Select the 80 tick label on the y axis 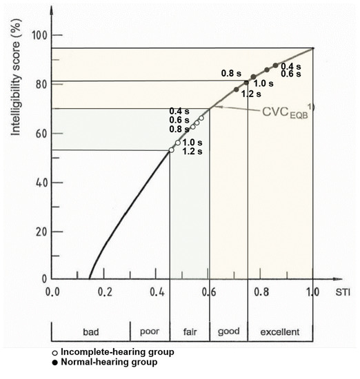pyautogui.click(x=40, y=85)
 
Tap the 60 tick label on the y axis pyautogui.click(x=40, y=134)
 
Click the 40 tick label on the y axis pyautogui.click(x=40, y=183)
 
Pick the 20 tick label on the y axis pyautogui.click(x=40, y=232)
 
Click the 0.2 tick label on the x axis pyautogui.click(x=104, y=291)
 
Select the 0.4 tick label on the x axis pyautogui.click(x=156, y=291)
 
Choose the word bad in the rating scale pyautogui.click(x=91, y=332)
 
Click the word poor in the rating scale pyautogui.click(x=149, y=332)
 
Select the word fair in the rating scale pyautogui.click(x=190, y=332)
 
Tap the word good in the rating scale pyautogui.click(x=228, y=332)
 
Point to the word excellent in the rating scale pyautogui.click(x=279, y=332)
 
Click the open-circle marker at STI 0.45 pyautogui.click(x=171, y=150)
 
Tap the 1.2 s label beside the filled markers pyautogui.click(x=251, y=94)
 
